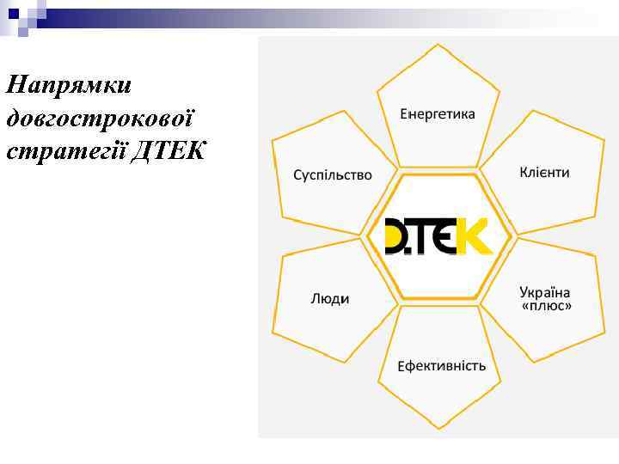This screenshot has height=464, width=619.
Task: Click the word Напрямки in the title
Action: click(68, 86)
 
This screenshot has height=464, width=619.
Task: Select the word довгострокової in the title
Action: click(101, 118)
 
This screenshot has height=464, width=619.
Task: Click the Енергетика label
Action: click(437, 114)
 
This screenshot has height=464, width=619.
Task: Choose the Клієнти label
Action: click(544, 173)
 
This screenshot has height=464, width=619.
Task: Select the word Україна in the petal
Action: click(545, 292)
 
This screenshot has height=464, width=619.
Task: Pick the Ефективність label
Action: click(441, 366)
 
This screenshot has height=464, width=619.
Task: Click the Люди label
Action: click(329, 299)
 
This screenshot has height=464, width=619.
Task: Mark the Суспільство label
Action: click(333, 174)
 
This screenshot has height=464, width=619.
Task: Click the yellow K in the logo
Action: click(474, 236)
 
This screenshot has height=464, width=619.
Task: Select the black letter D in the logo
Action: click(400, 236)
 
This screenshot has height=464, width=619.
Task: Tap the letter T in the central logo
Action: click(424, 236)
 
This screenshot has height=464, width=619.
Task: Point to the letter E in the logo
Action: click(446, 236)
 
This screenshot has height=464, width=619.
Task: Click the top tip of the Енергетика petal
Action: click(438, 45)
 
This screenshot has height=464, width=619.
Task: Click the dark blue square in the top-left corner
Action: click(13, 13)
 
